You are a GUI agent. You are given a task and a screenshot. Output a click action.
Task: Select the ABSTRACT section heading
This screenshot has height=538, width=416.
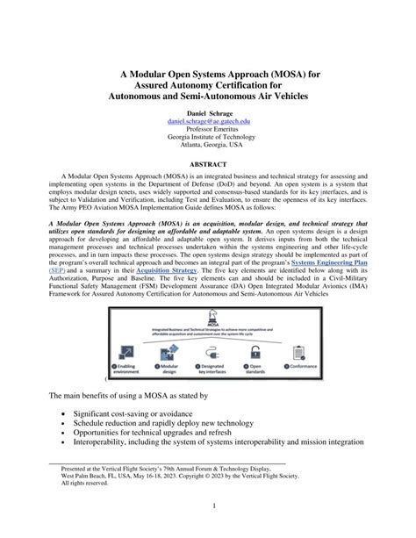point(208,164)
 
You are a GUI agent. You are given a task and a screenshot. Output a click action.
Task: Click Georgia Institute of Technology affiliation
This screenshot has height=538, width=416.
point(208,144)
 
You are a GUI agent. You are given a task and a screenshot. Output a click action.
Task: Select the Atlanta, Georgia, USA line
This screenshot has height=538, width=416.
point(208,153)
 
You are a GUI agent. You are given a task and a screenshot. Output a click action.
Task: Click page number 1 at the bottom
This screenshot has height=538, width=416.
point(208,508)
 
